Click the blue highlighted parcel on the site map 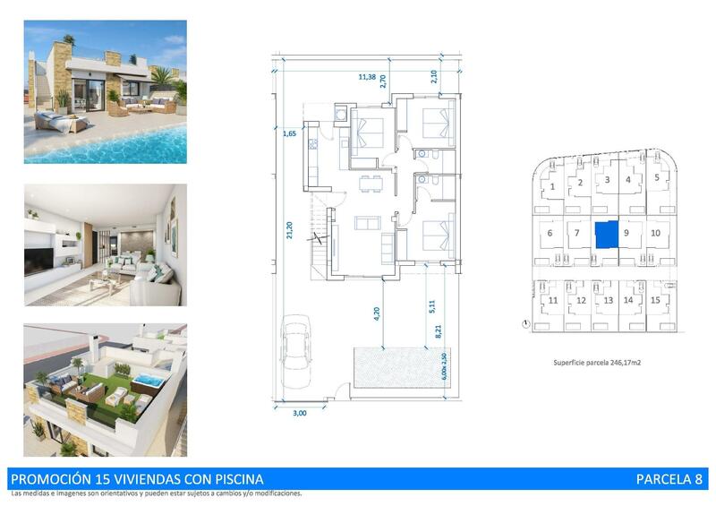coord(608,235)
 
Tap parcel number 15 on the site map coord(657,300)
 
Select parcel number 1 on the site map coord(553,186)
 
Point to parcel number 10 coord(656,233)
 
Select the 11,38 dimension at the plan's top coord(366,77)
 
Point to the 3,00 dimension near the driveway coord(300,413)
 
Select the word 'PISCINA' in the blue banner coord(236,479)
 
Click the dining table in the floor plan coord(368,184)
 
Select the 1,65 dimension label coord(289,133)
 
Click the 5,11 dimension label coord(431,306)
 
